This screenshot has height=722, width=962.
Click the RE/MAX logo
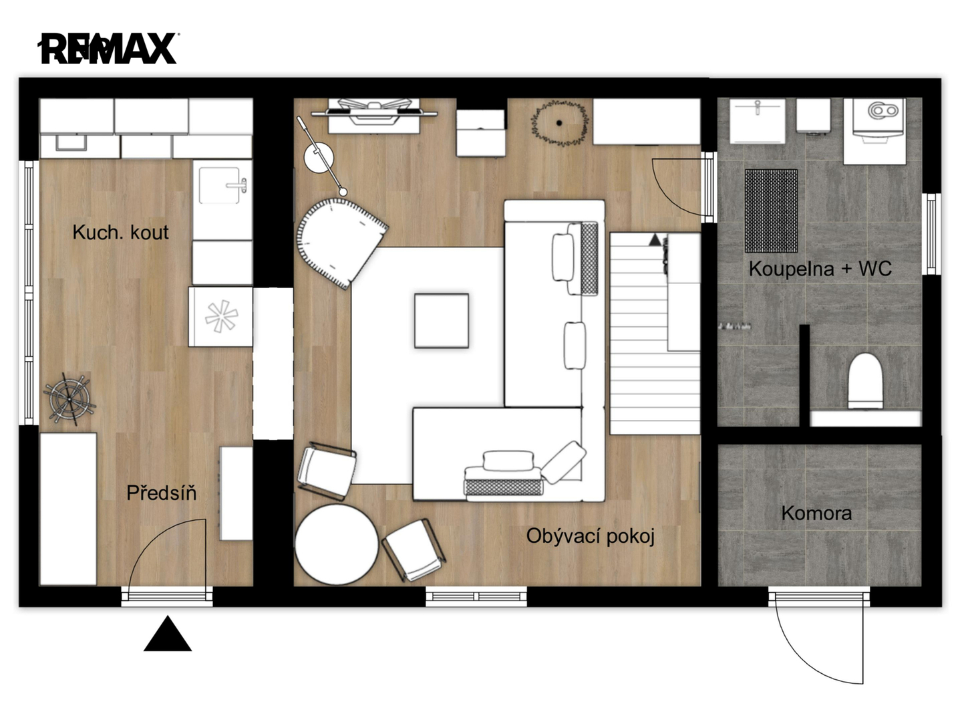(108, 49)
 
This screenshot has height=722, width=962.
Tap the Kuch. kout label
(120, 233)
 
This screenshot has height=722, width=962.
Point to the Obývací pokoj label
(591, 536)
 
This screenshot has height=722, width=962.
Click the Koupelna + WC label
(820, 269)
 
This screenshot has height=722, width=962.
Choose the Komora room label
(816, 513)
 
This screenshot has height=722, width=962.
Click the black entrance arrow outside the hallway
(168, 634)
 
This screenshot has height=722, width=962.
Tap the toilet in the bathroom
(865, 381)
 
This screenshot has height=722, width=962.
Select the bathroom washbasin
(758, 121)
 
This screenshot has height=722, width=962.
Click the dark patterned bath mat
(771, 211)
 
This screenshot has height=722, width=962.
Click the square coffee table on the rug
(442, 320)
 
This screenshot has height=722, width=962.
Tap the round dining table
(336, 544)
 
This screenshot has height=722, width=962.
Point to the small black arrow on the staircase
(655, 240)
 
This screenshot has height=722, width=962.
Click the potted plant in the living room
(560, 123)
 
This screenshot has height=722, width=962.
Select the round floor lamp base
(319, 157)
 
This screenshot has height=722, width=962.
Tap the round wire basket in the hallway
(69, 398)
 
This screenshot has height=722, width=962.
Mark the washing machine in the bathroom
(874, 131)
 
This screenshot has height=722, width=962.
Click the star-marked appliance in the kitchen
(220, 316)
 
